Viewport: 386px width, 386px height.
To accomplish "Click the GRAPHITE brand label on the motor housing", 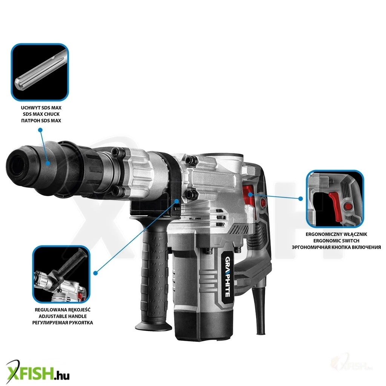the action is click(x=228, y=277).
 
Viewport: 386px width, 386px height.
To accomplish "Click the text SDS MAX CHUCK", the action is click(x=41, y=114).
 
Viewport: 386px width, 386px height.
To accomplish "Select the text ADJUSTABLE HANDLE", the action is click(x=63, y=316).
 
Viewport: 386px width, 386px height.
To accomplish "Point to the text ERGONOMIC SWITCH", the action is click(x=336, y=241).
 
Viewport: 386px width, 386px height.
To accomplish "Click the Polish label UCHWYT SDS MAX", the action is click(x=41, y=108).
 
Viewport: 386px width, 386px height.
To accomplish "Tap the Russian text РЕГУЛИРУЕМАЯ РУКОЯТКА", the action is click(x=63, y=323).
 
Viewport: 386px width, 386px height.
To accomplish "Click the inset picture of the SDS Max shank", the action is click(x=40, y=72).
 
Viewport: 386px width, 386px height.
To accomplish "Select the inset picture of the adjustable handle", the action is click(x=61, y=274).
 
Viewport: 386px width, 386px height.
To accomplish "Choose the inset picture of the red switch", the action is click(x=335, y=199).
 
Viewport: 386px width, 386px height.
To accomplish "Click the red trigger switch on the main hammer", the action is click(x=249, y=197).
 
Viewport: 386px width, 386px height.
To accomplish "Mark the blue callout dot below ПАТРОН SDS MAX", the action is click(x=40, y=130).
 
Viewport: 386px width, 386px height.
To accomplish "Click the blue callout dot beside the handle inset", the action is click(x=96, y=273).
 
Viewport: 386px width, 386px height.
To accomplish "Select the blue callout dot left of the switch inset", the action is click(x=300, y=198).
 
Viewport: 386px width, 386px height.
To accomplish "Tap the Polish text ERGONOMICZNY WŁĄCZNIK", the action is click(x=336, y=234).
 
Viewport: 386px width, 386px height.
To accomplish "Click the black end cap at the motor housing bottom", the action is click(x=204, y=325).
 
